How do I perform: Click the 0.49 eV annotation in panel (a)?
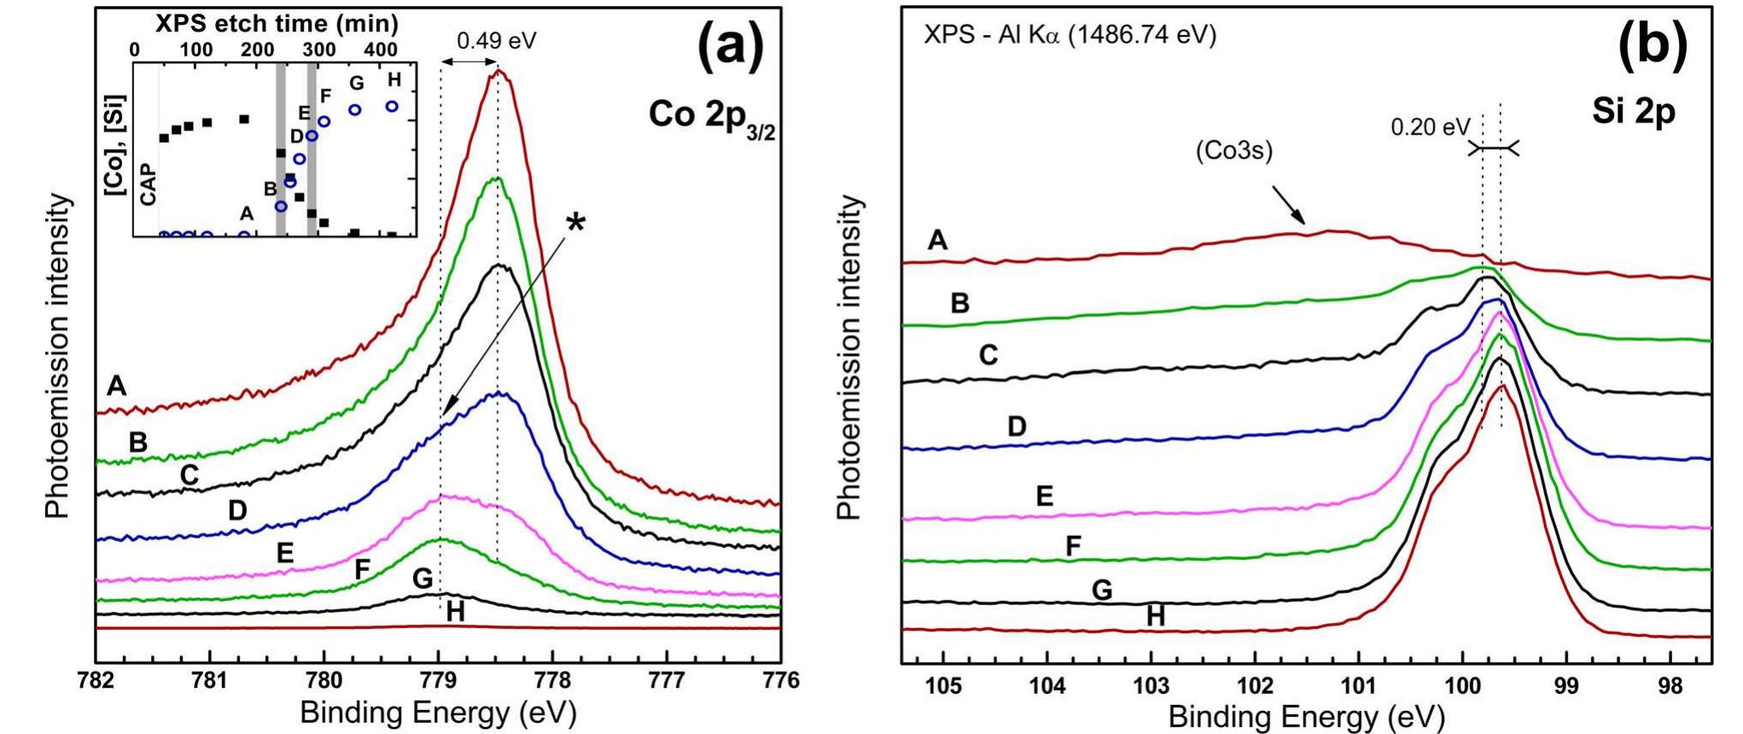(496, 41)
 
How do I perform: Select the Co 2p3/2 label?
(711, 116)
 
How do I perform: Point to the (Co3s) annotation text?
(1233, 151)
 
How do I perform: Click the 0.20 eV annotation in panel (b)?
(1430, 128)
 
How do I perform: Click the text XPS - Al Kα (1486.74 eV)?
(1070, 36)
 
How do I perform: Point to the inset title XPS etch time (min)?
(277, 23)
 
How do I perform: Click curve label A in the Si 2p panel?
(937, 241)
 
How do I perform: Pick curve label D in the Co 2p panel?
(237, 510)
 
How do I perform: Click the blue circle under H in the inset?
(392, 107)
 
